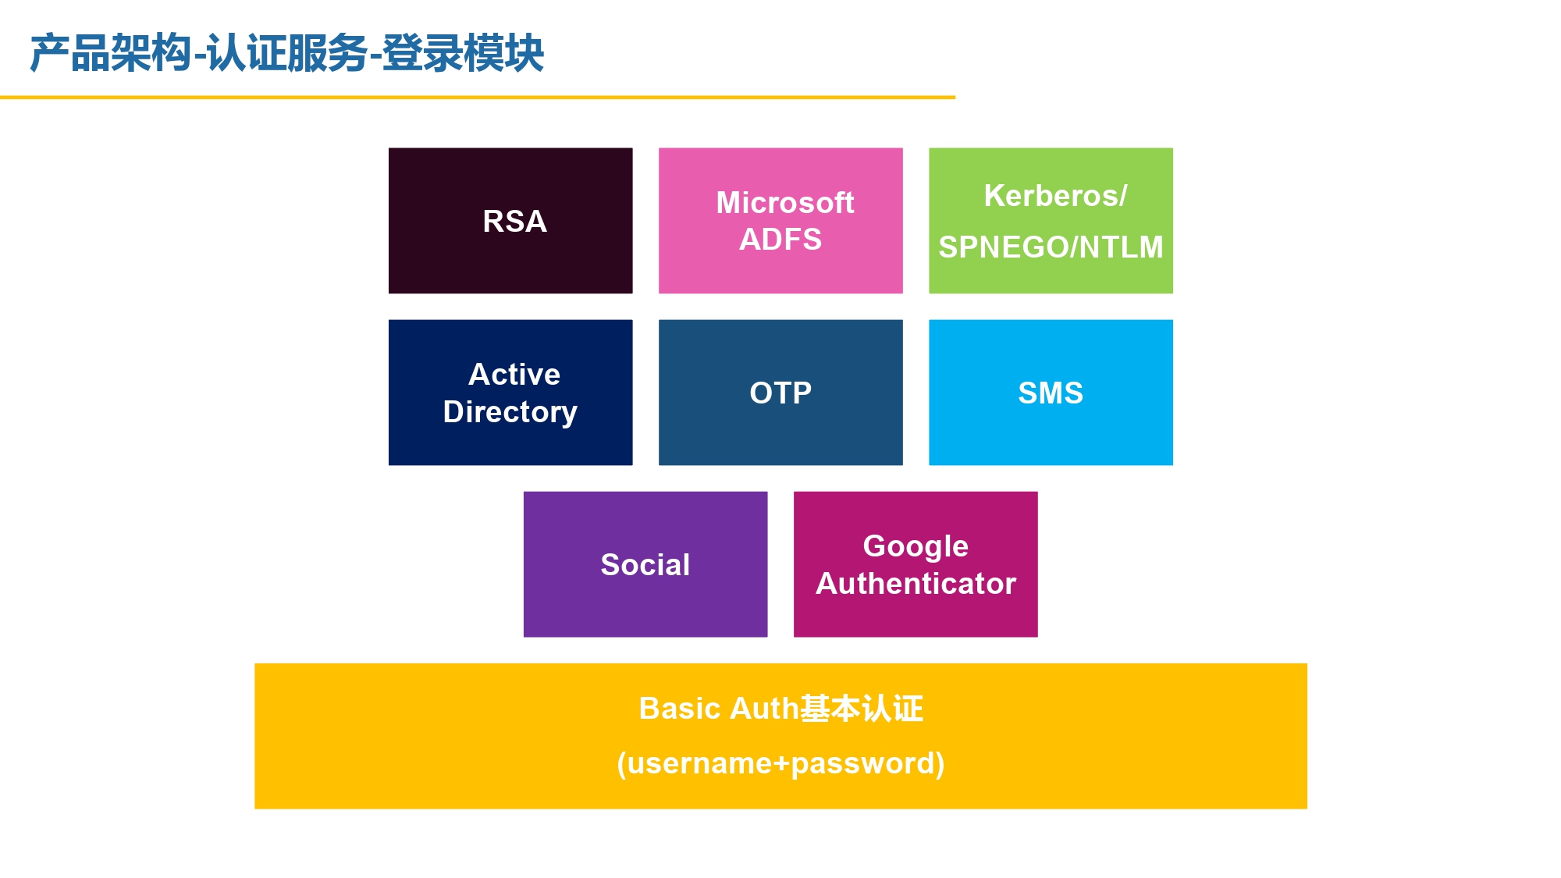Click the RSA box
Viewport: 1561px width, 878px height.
point(510,221)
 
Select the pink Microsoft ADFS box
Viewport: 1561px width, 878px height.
point(780,221)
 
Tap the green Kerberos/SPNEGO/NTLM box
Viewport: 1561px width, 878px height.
point(1051,221)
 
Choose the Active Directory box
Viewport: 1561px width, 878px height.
point(510,393)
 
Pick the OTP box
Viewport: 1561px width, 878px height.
point(780,393)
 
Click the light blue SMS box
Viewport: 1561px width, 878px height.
point(1051,393)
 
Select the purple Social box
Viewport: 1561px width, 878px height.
point(645,564)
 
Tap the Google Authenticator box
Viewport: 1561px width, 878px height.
point(916,564)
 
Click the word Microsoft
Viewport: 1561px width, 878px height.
point(785,203)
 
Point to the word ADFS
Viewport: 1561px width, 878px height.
point(780,240)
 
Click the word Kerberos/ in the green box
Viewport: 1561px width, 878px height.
point(1055,196)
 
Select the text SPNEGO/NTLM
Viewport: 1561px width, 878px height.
point(1051,247)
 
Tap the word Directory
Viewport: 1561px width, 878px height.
point(510,413)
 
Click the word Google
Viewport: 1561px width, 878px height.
point(916,547)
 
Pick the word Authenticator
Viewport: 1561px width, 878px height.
point(916,584)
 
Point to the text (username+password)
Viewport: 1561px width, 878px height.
point(780,763)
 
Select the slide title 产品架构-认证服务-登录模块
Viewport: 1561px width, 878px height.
point(286,53)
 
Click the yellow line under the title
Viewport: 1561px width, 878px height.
point(478,98)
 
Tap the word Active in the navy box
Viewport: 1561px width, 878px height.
point(514,375)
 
